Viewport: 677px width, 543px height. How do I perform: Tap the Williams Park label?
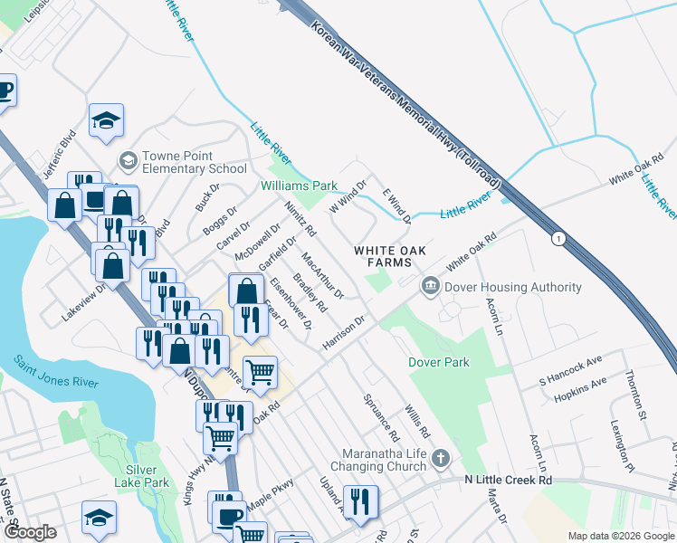click(299, 186)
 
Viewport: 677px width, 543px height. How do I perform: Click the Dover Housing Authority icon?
click(430, 287)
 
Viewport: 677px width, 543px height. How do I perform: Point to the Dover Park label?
click(439, 362)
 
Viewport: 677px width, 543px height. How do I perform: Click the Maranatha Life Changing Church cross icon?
click(440, 459)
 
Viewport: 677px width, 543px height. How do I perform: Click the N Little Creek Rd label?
click(508, 478)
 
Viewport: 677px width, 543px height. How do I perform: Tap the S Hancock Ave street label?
click(570, 373)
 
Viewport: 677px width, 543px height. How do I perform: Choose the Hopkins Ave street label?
click(580, 388)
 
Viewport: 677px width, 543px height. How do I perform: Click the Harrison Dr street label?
click(343, 334)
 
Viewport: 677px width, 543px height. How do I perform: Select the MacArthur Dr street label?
click(323, 275)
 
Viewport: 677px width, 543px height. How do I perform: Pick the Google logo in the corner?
click(29, 533)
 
